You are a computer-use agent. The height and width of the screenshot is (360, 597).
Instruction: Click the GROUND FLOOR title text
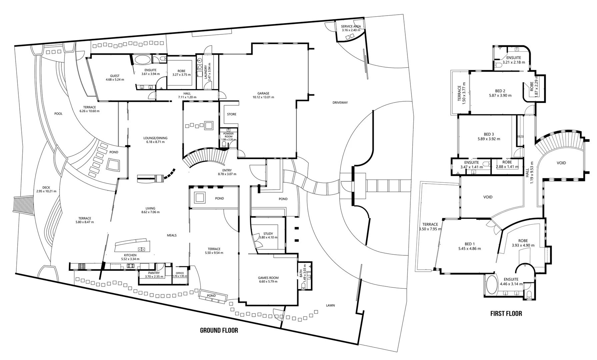pyautogui.click(x=219, y=330)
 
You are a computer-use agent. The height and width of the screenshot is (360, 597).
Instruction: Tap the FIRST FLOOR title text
pyautogui.click(x=506, y=313)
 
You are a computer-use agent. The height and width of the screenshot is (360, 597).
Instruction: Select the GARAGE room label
pyautogui.click(x=263, y=93)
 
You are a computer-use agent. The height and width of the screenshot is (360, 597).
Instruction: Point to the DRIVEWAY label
pyautogui.click(x=340, y=103)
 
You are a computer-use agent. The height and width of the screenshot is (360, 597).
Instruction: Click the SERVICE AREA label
pyautogui.click(x=351, y=26)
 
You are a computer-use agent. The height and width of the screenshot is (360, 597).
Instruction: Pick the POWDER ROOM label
pyautogui.click(x=228, y=135)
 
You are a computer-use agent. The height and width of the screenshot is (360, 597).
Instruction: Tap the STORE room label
pyautogui.click(x=232, y=114)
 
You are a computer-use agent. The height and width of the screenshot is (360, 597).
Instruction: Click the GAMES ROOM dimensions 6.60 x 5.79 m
pyautogui.click(x=268, y=282)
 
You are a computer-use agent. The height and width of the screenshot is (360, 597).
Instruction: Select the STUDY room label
pyautogui.click(x=268, y=234)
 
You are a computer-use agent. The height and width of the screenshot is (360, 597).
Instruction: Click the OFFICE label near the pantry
pyautogui.click(x=180, y=273)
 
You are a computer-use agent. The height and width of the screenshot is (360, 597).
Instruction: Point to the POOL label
pyautogui.click(x=58, y=114)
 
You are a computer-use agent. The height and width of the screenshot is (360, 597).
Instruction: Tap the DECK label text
pyautogui.click(x=46, y=188)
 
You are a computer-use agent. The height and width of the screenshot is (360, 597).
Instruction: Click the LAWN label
pyautogui.click(x=330, y=305)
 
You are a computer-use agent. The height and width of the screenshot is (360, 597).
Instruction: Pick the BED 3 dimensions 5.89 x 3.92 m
pyautogui.click(x=489, y=139)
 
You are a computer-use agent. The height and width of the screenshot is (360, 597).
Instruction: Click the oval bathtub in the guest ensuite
pyautogui.click(x=142, y=60)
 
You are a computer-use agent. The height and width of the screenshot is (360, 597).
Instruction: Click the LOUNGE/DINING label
pyautogui.click(x=155, y=138)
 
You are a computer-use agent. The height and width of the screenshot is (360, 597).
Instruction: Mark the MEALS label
pyautogui.click(x=172, y=235)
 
